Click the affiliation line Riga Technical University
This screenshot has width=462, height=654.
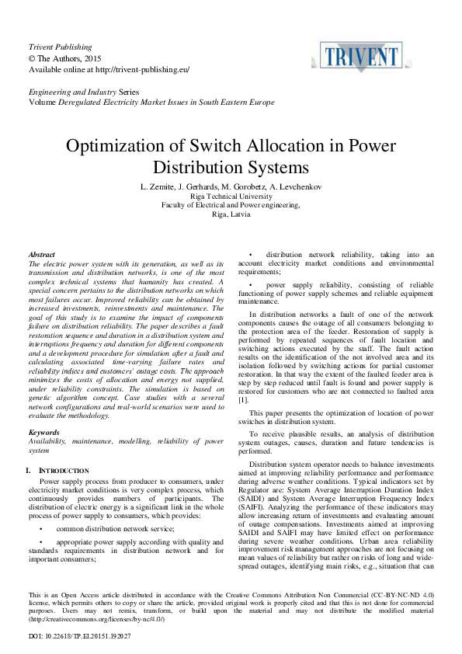(231, 197)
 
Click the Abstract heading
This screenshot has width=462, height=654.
(41, 255)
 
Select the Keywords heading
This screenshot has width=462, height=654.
(43, 432)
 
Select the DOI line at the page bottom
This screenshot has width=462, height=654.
(78, 636)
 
